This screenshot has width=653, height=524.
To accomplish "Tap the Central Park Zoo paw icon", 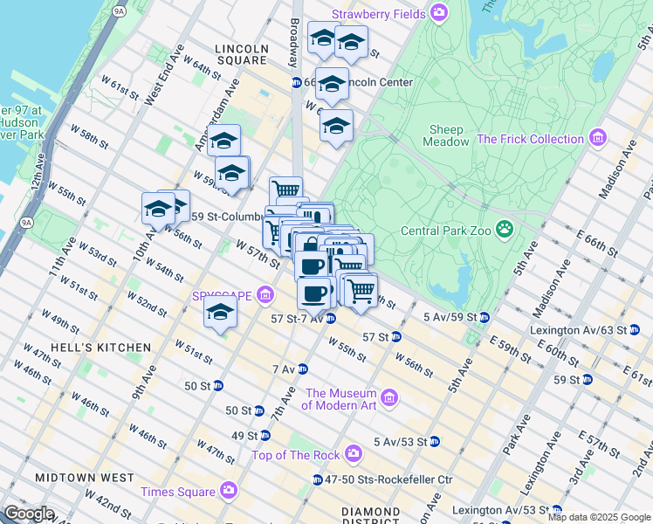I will pyautogui.click(x=505, y=230).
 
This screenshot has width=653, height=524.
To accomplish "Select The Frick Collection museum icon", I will pyautogui.click(x=598, y=138).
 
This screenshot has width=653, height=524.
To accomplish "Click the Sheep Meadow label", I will pyautogui.click(x=446, y=136).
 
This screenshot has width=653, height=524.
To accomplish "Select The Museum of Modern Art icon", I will pyautogui.click(x=389, y=399).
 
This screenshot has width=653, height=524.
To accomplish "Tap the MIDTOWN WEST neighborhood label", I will pyautogui.click(x=85, y=478).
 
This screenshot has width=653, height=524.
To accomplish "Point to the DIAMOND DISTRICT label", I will pyautogui.click(x=370, y=512).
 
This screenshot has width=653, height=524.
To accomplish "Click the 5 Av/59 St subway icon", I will pyautogui.click(x=483, y=316).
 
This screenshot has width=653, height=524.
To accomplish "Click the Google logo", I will pyautogui.click(x=28, y=513).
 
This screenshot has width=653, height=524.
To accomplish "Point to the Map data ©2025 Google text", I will pyautogui.click(x=599, y=517).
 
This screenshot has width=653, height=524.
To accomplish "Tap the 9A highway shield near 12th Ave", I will pyautogui.click(x=26, y=223).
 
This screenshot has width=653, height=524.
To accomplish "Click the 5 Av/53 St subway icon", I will pyautogui.click(x=434, y=443).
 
